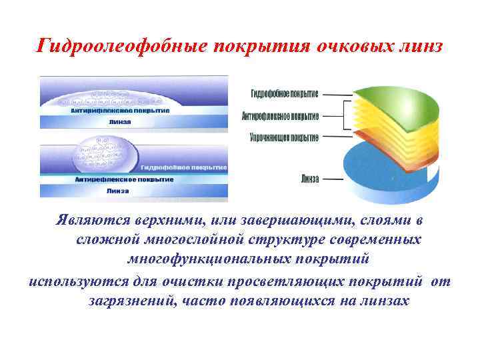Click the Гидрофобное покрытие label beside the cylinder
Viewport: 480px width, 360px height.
[285, 93]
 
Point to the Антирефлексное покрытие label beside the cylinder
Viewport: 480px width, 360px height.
[280, 116]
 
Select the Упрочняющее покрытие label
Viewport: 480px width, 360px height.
[284, 137]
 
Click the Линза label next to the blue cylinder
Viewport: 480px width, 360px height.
[309, 179]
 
